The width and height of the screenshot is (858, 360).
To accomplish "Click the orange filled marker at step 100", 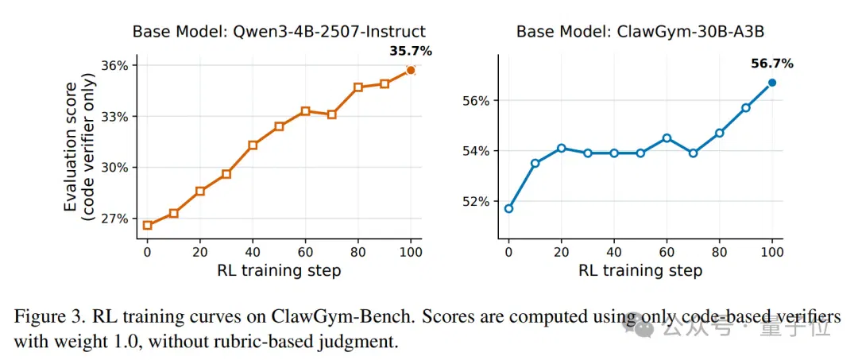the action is [411, 70].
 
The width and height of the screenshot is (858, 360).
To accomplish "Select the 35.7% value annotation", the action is [411, 52].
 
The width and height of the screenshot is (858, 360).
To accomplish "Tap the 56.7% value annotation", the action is [772, 64].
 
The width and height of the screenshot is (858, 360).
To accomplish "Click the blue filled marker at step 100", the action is [772, 83].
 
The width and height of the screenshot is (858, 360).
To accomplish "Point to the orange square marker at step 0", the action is [147, 225].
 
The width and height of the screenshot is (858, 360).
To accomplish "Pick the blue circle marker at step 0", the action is [509, 208].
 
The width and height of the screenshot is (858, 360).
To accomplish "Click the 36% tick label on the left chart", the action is [116, 66].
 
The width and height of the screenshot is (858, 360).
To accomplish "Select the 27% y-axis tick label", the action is [116, 219].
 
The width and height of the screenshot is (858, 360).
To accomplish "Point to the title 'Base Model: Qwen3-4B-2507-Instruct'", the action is [279, 31].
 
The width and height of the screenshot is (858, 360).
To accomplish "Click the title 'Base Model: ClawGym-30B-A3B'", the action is [640, 31].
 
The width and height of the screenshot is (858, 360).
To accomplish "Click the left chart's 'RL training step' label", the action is [279, 270].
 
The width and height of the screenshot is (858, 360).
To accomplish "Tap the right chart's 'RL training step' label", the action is [641, 270].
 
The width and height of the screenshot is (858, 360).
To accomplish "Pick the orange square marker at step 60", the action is [305, 111].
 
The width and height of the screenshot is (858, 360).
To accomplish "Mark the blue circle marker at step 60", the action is [667, 137].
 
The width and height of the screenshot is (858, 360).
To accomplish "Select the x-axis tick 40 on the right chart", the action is [614, 252].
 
